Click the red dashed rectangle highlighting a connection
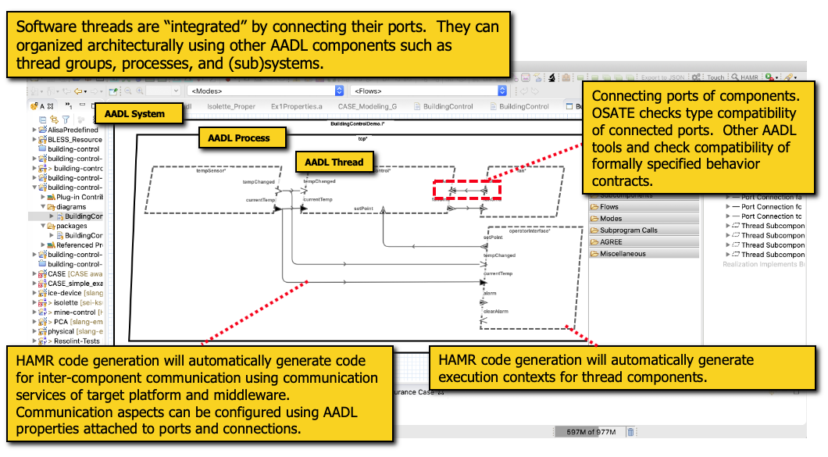(467, 190)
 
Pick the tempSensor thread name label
(211, 171)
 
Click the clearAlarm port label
(496, 311)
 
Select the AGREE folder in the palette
(612, 242)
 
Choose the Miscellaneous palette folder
(623, 254)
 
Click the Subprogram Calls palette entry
(629, 230)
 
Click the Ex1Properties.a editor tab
(296, 106)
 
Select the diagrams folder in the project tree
(71, 207)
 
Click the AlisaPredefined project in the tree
(73, 130)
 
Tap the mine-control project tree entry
(77, 312)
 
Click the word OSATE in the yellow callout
(612, 112)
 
